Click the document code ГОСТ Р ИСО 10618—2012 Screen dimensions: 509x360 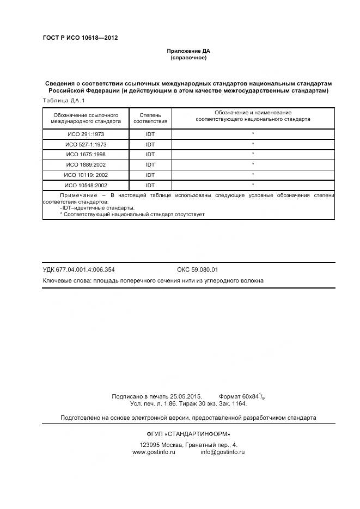coord(80,38)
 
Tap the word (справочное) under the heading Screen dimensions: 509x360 coord(188,58)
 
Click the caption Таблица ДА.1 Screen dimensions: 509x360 coord(64,101)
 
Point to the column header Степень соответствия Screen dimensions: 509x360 coord(150,118)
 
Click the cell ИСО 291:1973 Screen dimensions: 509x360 coord(86,134)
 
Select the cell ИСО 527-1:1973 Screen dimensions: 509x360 coord(86,144)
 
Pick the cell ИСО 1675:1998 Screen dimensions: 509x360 coord(86,155)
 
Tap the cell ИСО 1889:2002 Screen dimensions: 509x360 coord(86,165)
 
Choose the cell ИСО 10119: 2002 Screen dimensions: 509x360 coord(86,175)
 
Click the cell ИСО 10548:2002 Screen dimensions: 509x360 coord(86,186)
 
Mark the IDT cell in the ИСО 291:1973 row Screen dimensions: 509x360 coord(150,134)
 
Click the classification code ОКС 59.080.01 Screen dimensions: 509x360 coord(198,269)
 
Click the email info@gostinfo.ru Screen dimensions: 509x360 coord(222,452)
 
